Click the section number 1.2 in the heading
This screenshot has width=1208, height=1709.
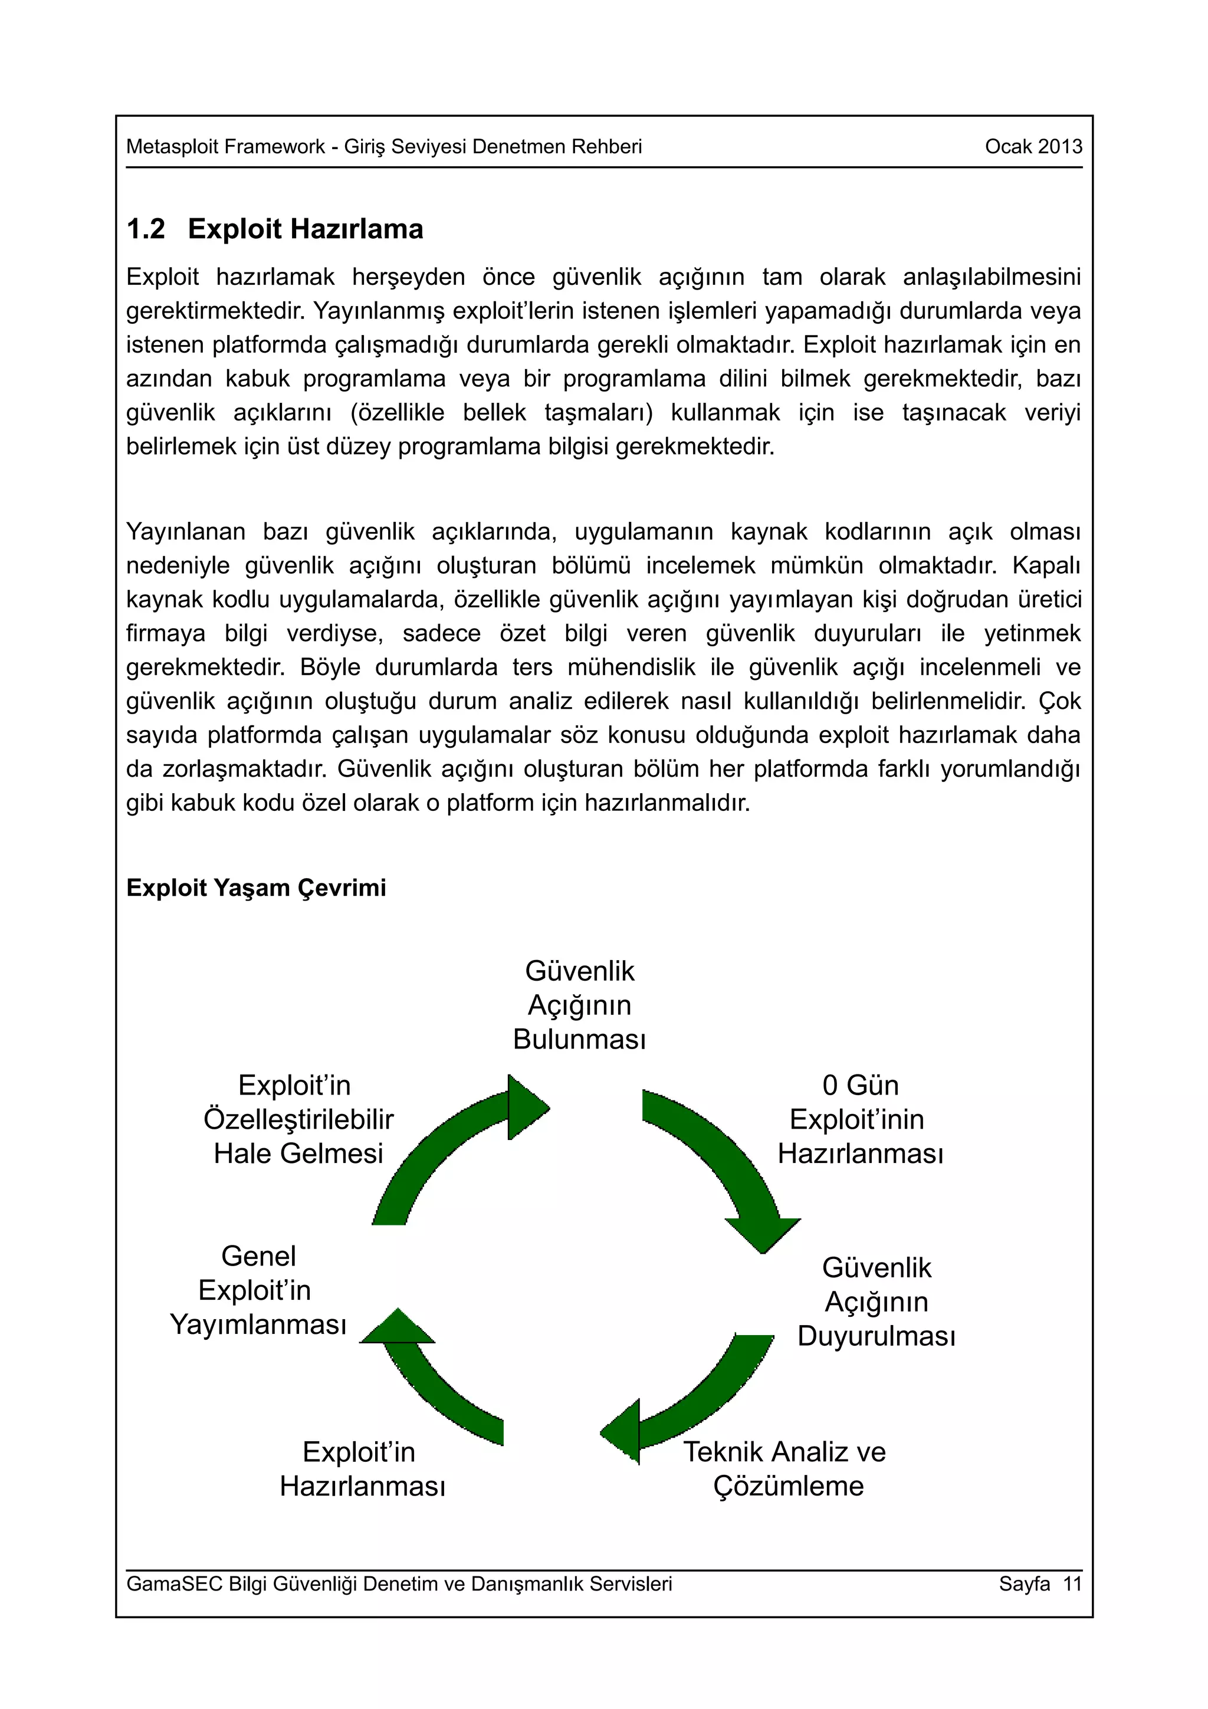click(145, 229)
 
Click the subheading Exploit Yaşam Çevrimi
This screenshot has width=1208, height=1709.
click(256, 888)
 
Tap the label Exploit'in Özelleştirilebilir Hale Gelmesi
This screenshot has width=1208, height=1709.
click(298, 1119)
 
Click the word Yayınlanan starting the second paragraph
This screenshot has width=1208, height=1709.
click(185, 531)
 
